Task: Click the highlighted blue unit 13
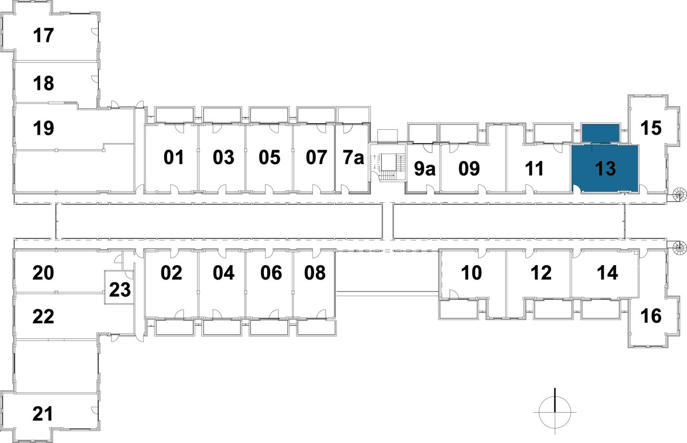[x=605, y=168]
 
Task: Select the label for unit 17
[x=43, y=35]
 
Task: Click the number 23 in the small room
[x=120, y=289]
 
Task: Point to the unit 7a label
[x=354, y=157]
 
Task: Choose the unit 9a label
[x=424, y=168]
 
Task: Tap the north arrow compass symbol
[x=555, y=411]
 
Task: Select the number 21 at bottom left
[x=43, y=413]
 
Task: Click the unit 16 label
[x=651, y=316]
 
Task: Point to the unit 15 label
[x=651, y=128]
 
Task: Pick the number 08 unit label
[x=315, y=273]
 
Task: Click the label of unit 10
[x=471, y=273]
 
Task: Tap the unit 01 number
[x=174, y=157]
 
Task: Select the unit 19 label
[x=43, y=128]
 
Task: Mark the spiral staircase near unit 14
[x=679, y=247]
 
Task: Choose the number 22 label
[x=43, y=316]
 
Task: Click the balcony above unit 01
[x=174, y=115]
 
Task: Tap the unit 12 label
[x=541, y=273]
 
